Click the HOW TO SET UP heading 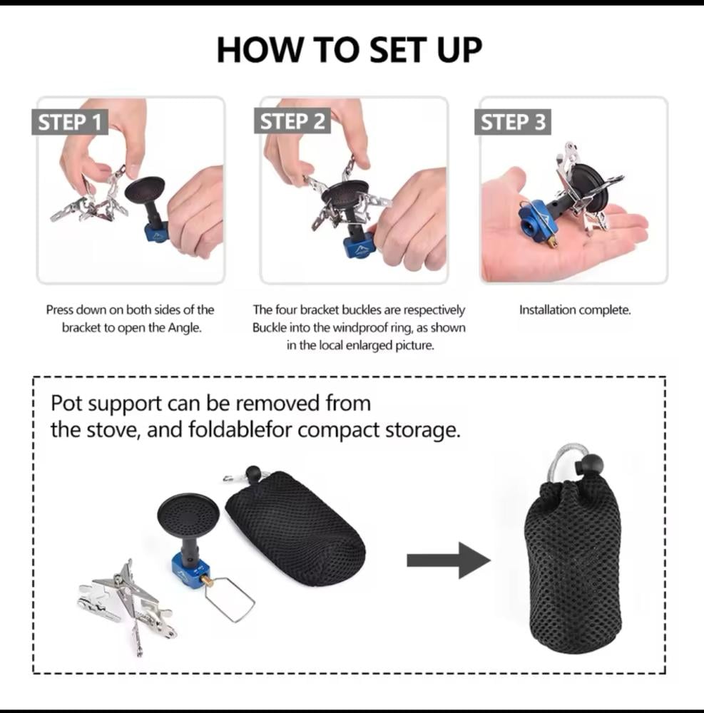(349, 50)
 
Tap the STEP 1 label (70, 122)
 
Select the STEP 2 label (292, 121)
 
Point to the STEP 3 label (513, 122)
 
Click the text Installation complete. (575, 310)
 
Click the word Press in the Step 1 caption (59, 310)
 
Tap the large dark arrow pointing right (449, 560)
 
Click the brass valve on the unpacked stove (208, 580)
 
